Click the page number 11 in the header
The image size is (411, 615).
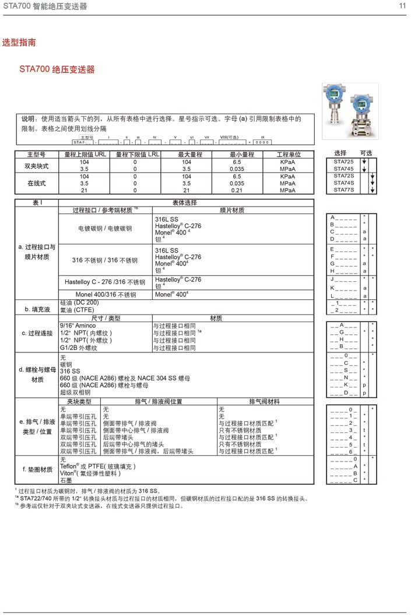coord(402,6)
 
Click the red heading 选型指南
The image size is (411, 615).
coord(19,43)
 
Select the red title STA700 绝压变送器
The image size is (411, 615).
coord(57,70)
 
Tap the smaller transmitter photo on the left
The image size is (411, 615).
coord(335,97)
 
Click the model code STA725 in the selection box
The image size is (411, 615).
coord(343,161)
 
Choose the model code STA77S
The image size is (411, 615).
coord(343,190)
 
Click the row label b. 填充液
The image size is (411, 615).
coord(36,309)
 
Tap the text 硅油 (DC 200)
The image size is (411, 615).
coord(79,302)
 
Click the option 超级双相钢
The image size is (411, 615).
coord(75,393)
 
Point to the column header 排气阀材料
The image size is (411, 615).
coord(265,401)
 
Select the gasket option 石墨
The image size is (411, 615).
coord(66,481)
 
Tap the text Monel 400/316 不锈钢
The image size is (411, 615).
coord(105,295)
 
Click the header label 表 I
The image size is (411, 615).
coord(37,202)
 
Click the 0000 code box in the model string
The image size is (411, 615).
coord(262,142)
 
